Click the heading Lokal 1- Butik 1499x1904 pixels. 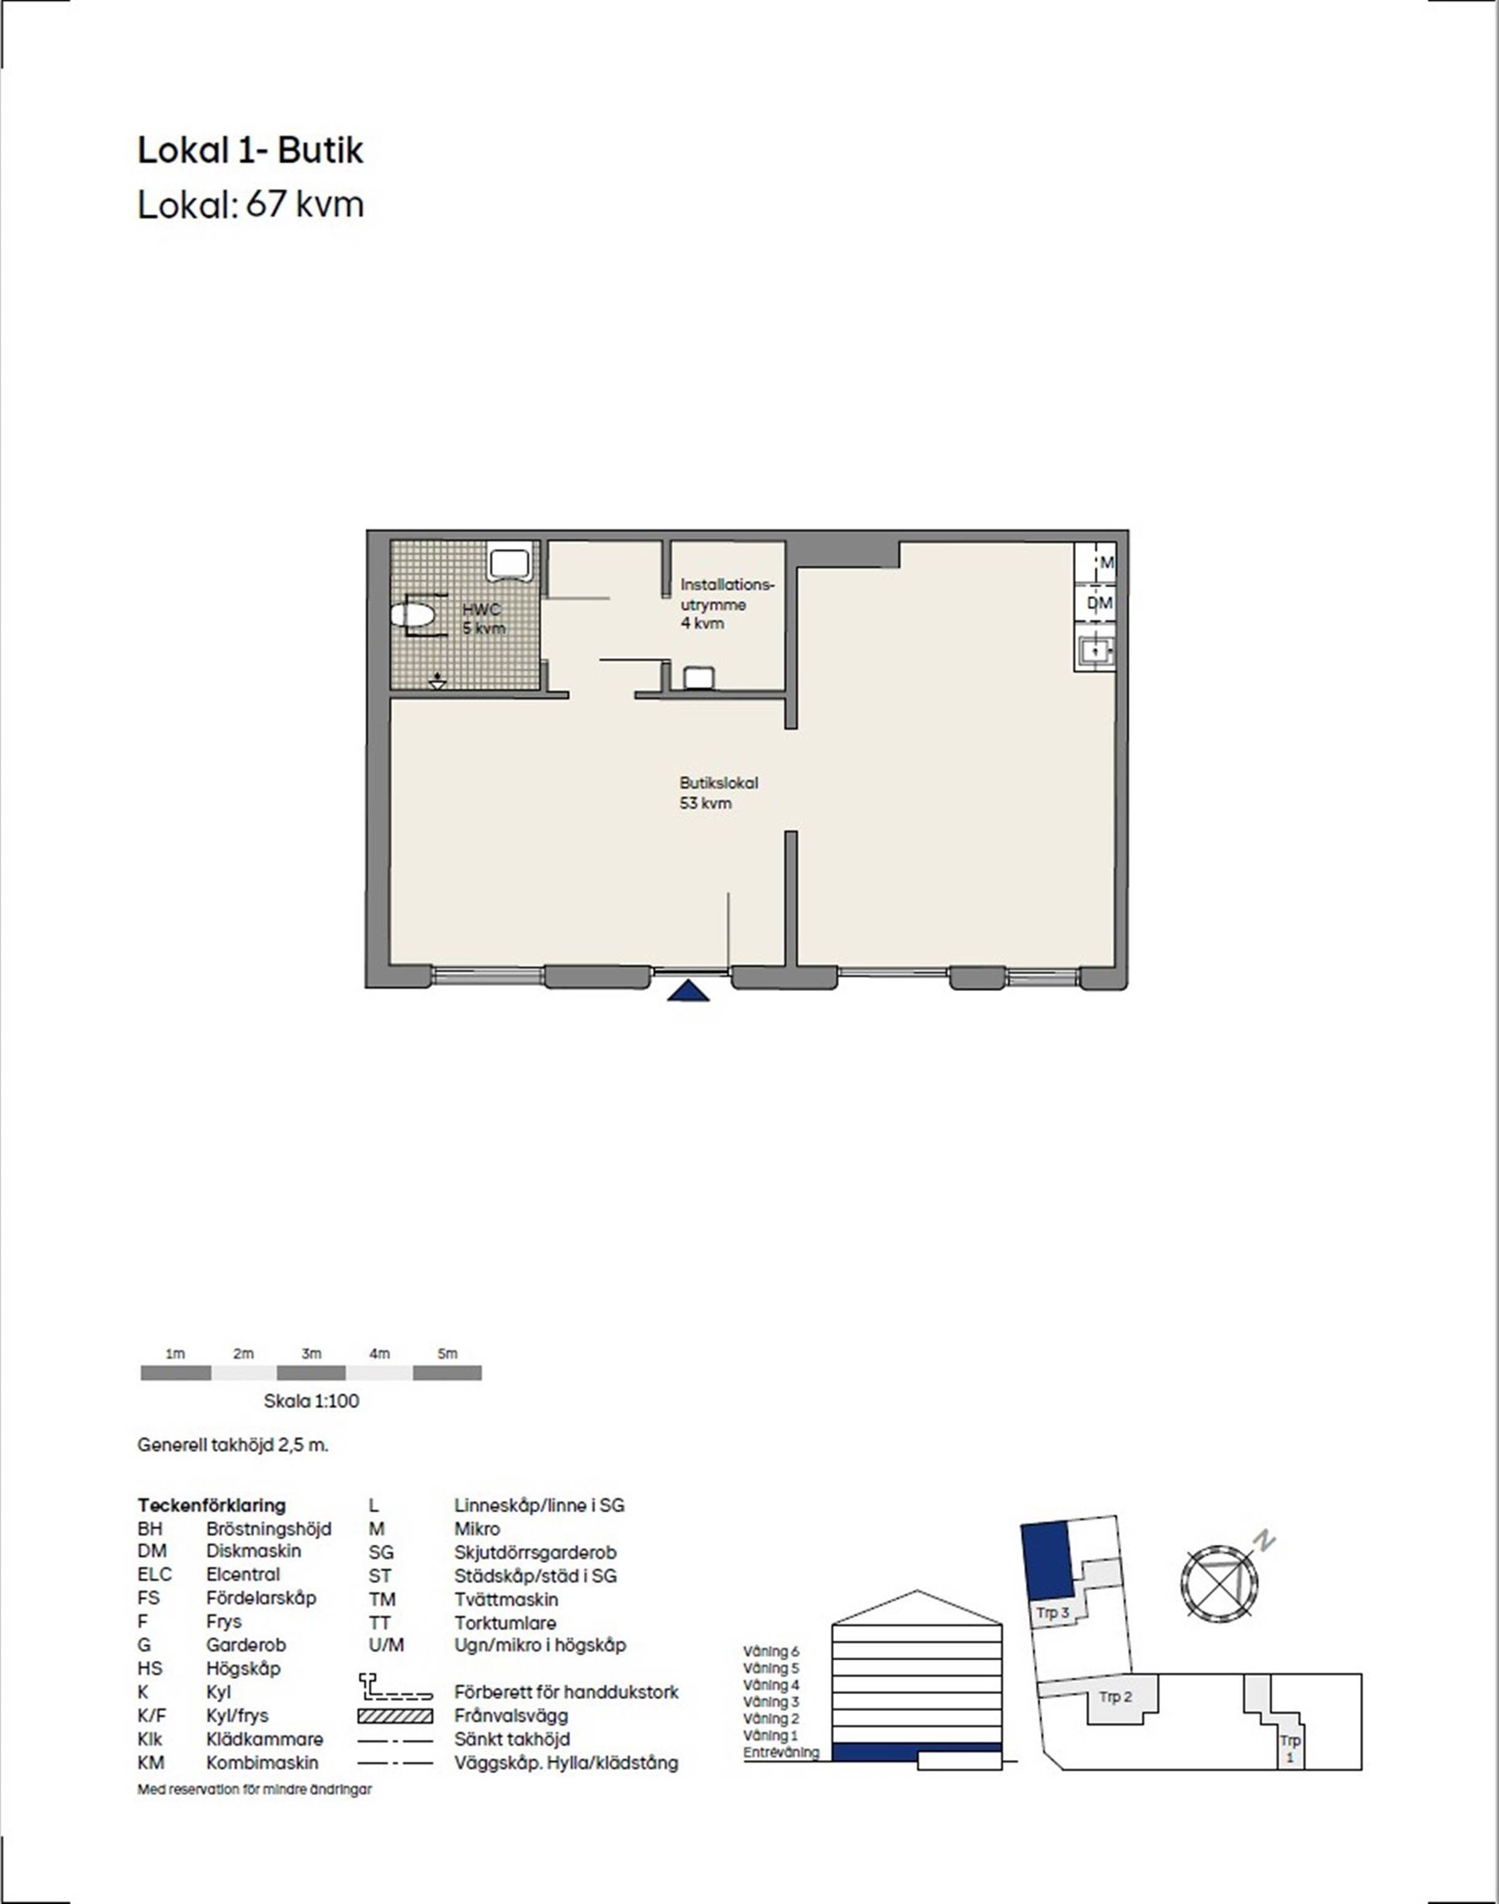point(250,151)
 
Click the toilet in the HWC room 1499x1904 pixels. point(412,615)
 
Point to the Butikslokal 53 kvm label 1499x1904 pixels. point(718,793)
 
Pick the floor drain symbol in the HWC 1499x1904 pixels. point(437,680)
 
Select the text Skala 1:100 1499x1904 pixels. point(311,1401)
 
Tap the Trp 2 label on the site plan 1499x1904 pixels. point(1116,1697)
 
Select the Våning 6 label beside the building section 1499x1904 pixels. point(772,1651)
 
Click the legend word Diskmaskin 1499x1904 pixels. point(254,1551)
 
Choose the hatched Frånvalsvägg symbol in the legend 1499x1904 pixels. point(395,1715)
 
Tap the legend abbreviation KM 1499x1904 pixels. point(151,1763)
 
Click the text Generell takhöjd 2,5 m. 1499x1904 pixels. point(233,1445)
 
